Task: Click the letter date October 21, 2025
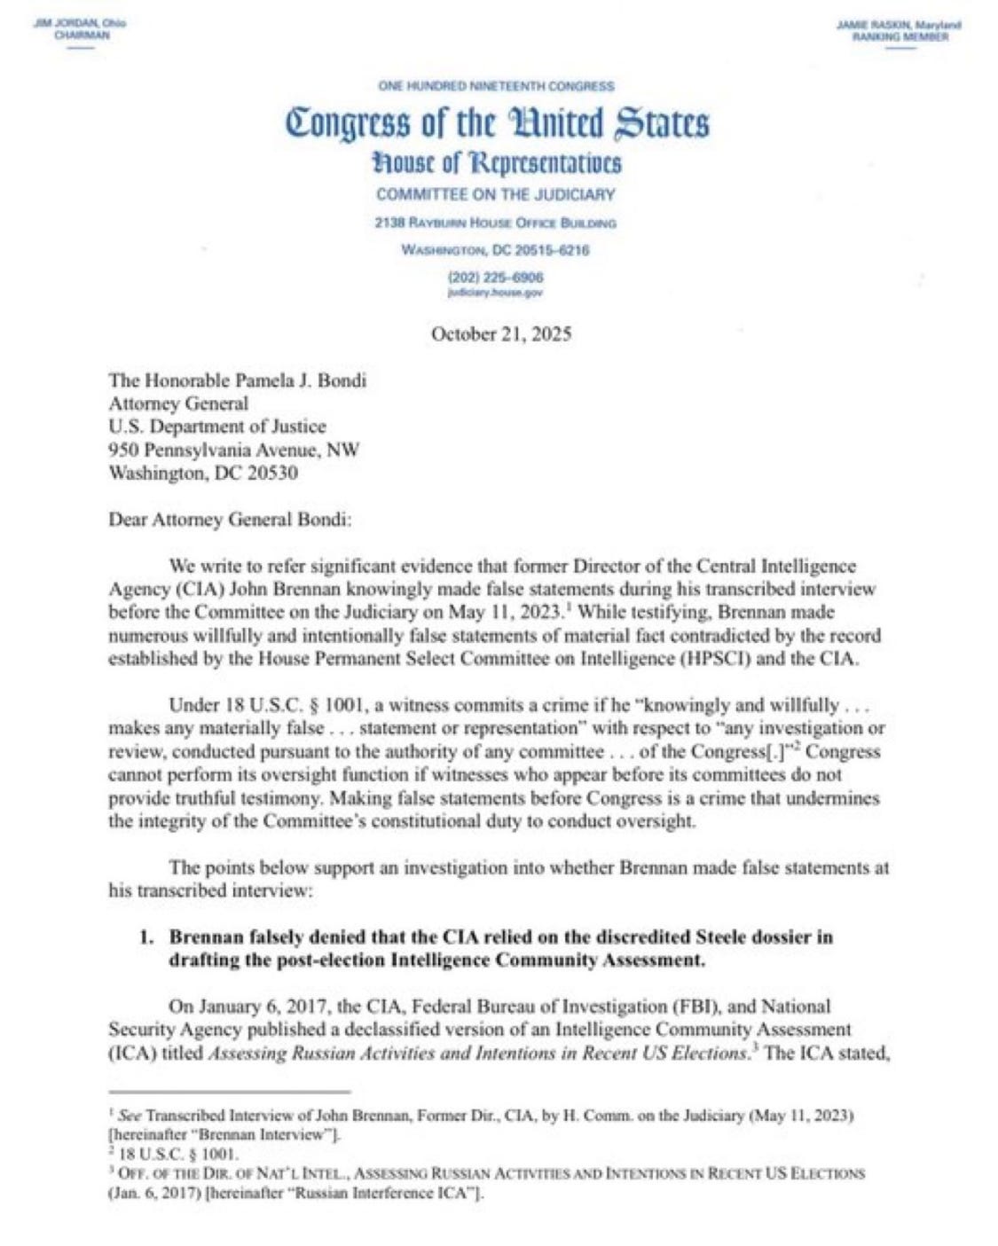click(x=500, y=334)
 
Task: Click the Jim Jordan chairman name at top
click(x=80, y=23)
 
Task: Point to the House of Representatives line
click(x=496, y=164)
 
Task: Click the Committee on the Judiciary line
click(x=496, y=194)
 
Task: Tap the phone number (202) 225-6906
click(x=496, y=278)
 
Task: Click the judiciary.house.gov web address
click(x=496, y=291)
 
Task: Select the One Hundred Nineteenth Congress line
click(x=496, y=86)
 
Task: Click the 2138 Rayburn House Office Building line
click(x=496, y=223)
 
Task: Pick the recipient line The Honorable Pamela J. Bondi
click(x=237, y=380)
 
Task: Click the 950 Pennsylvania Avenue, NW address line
click(x=233, y=450)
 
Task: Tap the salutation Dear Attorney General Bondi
click(x=230, y=520)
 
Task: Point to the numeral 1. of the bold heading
click(x=148, y=936)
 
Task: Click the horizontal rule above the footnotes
click(x=230, y=1092)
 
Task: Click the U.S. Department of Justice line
click(x=216, y=427)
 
